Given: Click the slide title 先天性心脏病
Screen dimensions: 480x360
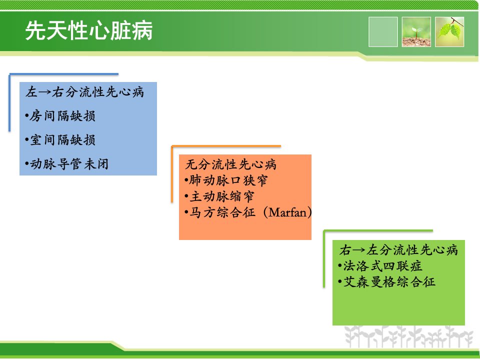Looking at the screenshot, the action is (89, 30).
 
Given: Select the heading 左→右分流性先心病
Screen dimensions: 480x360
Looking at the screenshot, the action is (85, 92).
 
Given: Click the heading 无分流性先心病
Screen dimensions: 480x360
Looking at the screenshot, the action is (231, 164).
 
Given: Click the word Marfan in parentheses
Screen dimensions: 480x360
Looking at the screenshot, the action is (288, 212).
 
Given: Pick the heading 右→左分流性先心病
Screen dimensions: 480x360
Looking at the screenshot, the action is (398, 250).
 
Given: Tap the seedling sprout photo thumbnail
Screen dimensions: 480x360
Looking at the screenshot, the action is (416, 32).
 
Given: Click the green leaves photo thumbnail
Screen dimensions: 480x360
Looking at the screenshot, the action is (449, 32).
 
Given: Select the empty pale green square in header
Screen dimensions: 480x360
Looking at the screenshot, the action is (383, 32).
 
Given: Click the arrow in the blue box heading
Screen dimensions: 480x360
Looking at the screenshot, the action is (45, 92).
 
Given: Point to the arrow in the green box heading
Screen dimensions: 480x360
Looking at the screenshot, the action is (359, 250).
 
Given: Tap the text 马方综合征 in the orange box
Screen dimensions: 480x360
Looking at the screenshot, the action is (222, 212).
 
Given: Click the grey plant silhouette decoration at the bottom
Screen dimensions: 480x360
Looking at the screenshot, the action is (408, 336).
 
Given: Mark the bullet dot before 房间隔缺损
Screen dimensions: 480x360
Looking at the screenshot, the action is (27, 116).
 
